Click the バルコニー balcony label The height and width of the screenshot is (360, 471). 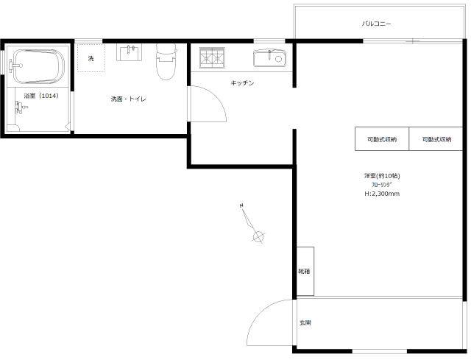pos(376,24)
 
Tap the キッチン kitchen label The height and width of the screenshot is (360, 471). pos(242,82)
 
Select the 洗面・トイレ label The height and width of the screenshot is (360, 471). pos(129,99)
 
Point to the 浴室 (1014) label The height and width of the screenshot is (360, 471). pos(41,96)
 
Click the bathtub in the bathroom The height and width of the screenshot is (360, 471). pos(38,67)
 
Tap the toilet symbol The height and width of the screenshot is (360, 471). pos(166,62)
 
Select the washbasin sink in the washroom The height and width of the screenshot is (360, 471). pos(130,52)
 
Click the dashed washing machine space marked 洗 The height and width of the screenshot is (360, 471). pos(91,58)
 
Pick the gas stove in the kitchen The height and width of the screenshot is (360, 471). pos(212,57)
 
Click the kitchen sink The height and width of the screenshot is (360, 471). pos(269,58)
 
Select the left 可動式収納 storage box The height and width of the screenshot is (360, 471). pos(382,139)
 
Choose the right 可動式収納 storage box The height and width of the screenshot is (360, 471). pos(436,139)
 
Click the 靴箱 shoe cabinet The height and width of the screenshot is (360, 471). pos(305,272)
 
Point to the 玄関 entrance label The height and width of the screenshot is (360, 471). pos(305,322)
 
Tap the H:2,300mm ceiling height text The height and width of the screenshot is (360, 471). pos(382,194)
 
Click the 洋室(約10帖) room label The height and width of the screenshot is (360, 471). pos(382,176)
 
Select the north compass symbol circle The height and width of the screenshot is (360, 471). pos(258,237)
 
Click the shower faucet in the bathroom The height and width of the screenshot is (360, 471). pos(21,107)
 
